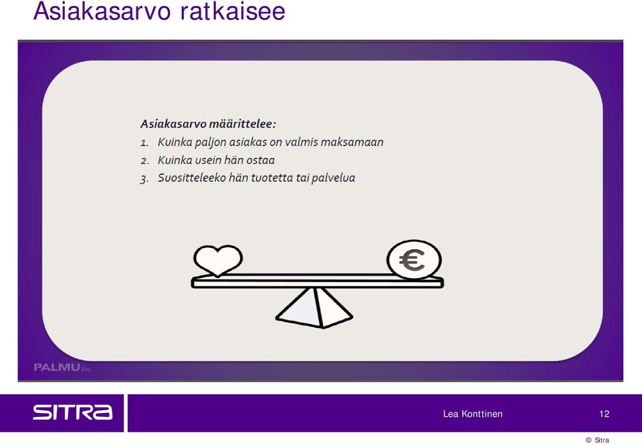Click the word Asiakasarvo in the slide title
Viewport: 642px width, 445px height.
coord(102,11)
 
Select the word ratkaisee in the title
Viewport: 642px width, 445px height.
coord(233,11)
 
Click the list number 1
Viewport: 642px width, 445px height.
coord(144,143)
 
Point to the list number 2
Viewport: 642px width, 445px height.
coord(144,161)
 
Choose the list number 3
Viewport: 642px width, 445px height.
coord(144,179)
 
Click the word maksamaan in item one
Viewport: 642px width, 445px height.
coord(352,142)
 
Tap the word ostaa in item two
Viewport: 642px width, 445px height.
coord(260,160)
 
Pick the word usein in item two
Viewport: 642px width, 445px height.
coord(208,160)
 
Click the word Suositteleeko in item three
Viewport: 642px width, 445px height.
coord(192,178)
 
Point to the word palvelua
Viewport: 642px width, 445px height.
coord(333,178)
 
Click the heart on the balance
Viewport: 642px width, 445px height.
coord(218,261)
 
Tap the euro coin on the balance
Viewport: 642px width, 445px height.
coord(414,260)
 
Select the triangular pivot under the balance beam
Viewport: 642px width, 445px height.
coord(314,308)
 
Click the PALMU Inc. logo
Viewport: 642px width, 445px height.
coord(63,367)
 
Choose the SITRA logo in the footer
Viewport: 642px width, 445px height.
coord(72,412)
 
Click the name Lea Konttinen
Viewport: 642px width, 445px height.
coord(473,414)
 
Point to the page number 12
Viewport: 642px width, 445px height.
coord(605,414)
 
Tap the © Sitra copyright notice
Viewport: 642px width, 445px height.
coord(597,440)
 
